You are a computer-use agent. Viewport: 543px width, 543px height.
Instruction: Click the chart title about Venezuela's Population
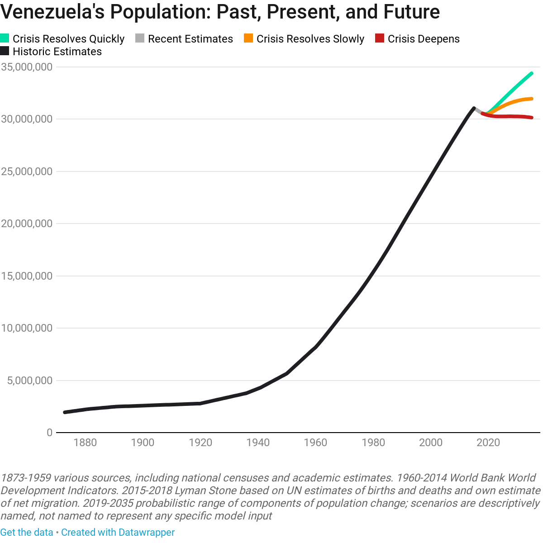pos(220,12)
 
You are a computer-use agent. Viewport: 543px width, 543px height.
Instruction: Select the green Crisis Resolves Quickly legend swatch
pos(5,39)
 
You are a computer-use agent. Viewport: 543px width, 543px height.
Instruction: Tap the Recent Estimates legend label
pos(190,39)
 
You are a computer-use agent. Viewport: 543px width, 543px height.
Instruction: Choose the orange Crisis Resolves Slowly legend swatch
pos(248,39)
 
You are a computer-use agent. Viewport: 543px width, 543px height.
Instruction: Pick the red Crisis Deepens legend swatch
pos(380,39)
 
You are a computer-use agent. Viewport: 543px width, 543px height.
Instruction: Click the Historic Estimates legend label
pos(57,52)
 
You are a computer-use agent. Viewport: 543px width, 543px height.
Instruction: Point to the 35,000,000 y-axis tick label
pos(27,67)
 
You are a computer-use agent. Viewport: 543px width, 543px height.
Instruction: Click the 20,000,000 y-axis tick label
pos(27,224)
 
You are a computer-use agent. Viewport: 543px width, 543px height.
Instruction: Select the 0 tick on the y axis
pos(49,433)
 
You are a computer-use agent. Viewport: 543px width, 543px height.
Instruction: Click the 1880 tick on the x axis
pos(85,443)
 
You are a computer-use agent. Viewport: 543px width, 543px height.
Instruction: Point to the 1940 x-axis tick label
pos(258,443)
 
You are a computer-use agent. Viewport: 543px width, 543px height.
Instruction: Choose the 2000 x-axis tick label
pos(431,443)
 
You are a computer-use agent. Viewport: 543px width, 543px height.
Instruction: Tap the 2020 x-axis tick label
pos(488,443)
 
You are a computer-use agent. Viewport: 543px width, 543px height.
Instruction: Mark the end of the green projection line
pos(532,73)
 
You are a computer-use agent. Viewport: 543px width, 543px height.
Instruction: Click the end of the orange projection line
pos(532,99)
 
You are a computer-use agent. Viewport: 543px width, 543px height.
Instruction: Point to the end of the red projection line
pos(532,118)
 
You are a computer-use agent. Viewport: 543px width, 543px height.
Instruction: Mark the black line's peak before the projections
pos(474,108)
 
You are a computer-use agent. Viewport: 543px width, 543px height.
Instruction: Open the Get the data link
pos(27,532)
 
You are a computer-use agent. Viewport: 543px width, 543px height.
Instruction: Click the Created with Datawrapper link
pos(118,532)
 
